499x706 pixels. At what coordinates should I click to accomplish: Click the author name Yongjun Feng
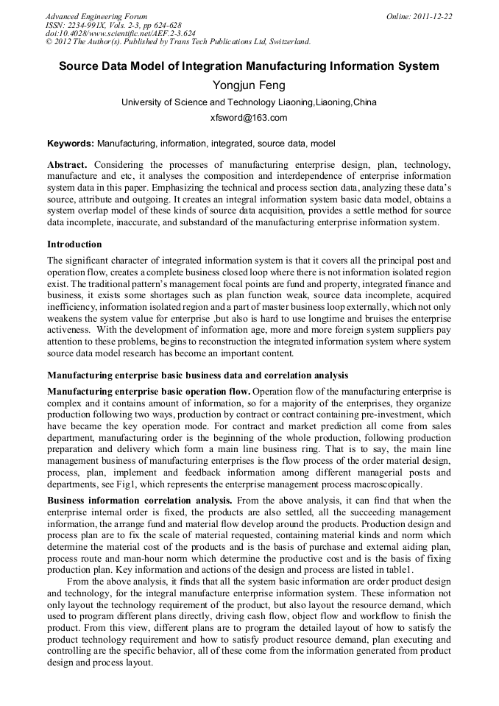point(249,85)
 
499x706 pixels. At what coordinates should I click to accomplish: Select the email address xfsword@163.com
point(249,118)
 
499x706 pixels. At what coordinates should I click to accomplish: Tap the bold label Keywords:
point(71,143)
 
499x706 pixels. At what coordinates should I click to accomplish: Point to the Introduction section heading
point(74,244)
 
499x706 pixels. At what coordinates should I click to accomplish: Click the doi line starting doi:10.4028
point(121,33)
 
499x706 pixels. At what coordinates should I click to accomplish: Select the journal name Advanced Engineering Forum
point(96,16)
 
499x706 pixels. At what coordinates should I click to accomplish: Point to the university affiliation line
point(249,102)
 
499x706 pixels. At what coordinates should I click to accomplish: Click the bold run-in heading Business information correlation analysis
point(140,501)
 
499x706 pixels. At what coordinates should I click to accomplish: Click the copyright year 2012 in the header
point(62,42)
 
